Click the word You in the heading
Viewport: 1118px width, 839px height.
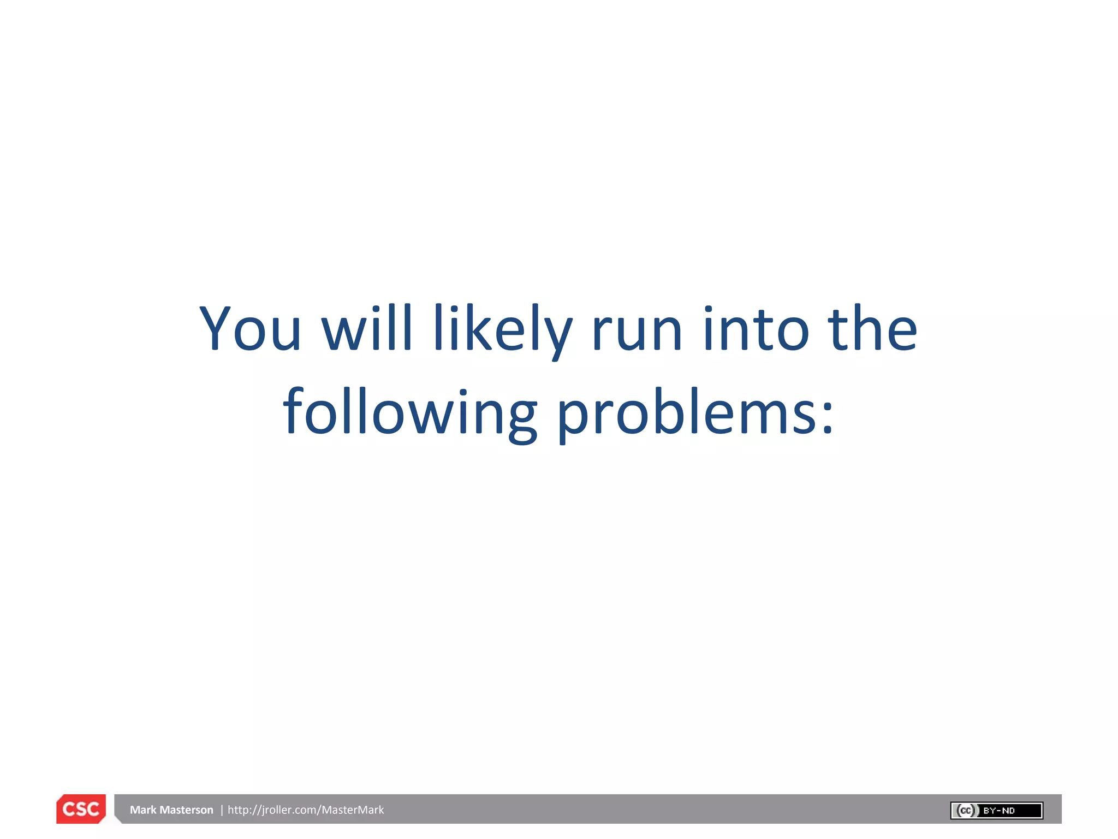click(251, 329)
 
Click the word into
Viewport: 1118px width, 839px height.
click(756, 329)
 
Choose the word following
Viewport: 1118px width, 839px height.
click(410, 413)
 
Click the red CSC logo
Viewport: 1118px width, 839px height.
click(81, 809)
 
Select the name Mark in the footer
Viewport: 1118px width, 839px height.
click(143, 810)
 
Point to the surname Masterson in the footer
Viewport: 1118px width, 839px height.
click(187, 810)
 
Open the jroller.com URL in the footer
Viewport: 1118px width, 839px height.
click(306, 810)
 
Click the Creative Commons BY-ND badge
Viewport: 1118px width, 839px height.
click(996, 811)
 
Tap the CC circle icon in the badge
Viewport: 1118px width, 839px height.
click(966, 811)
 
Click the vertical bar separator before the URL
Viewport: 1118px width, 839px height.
click(222, 810)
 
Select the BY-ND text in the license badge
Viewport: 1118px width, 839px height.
click(999, 811)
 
